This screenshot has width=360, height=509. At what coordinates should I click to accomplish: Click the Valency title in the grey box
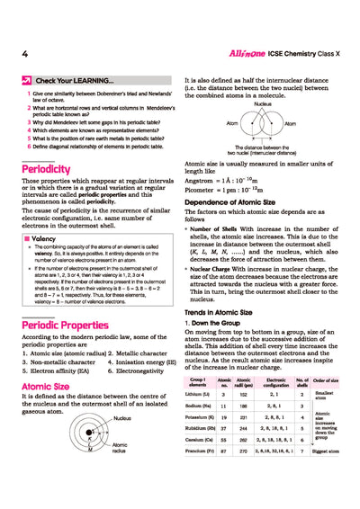(x=45, y=239)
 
